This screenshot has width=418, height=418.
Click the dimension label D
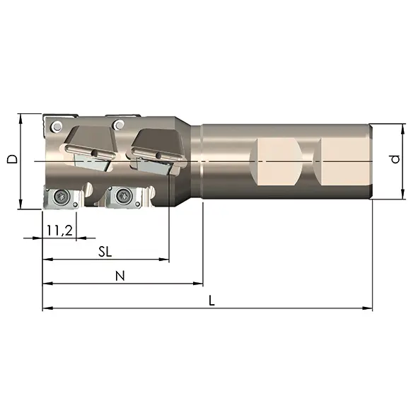[x=12, y=159]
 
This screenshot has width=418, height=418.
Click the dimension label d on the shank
[x=395, y=159]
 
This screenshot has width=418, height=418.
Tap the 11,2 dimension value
[x=59, y=230]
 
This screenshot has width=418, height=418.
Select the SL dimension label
[x=105, y=251]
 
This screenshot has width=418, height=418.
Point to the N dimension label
[x=120, y=276]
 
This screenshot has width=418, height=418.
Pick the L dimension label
[x=211, y=301]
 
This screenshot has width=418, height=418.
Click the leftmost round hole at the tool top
[x=57, y=126]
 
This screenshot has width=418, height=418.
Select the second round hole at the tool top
[x=119, y=124]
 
